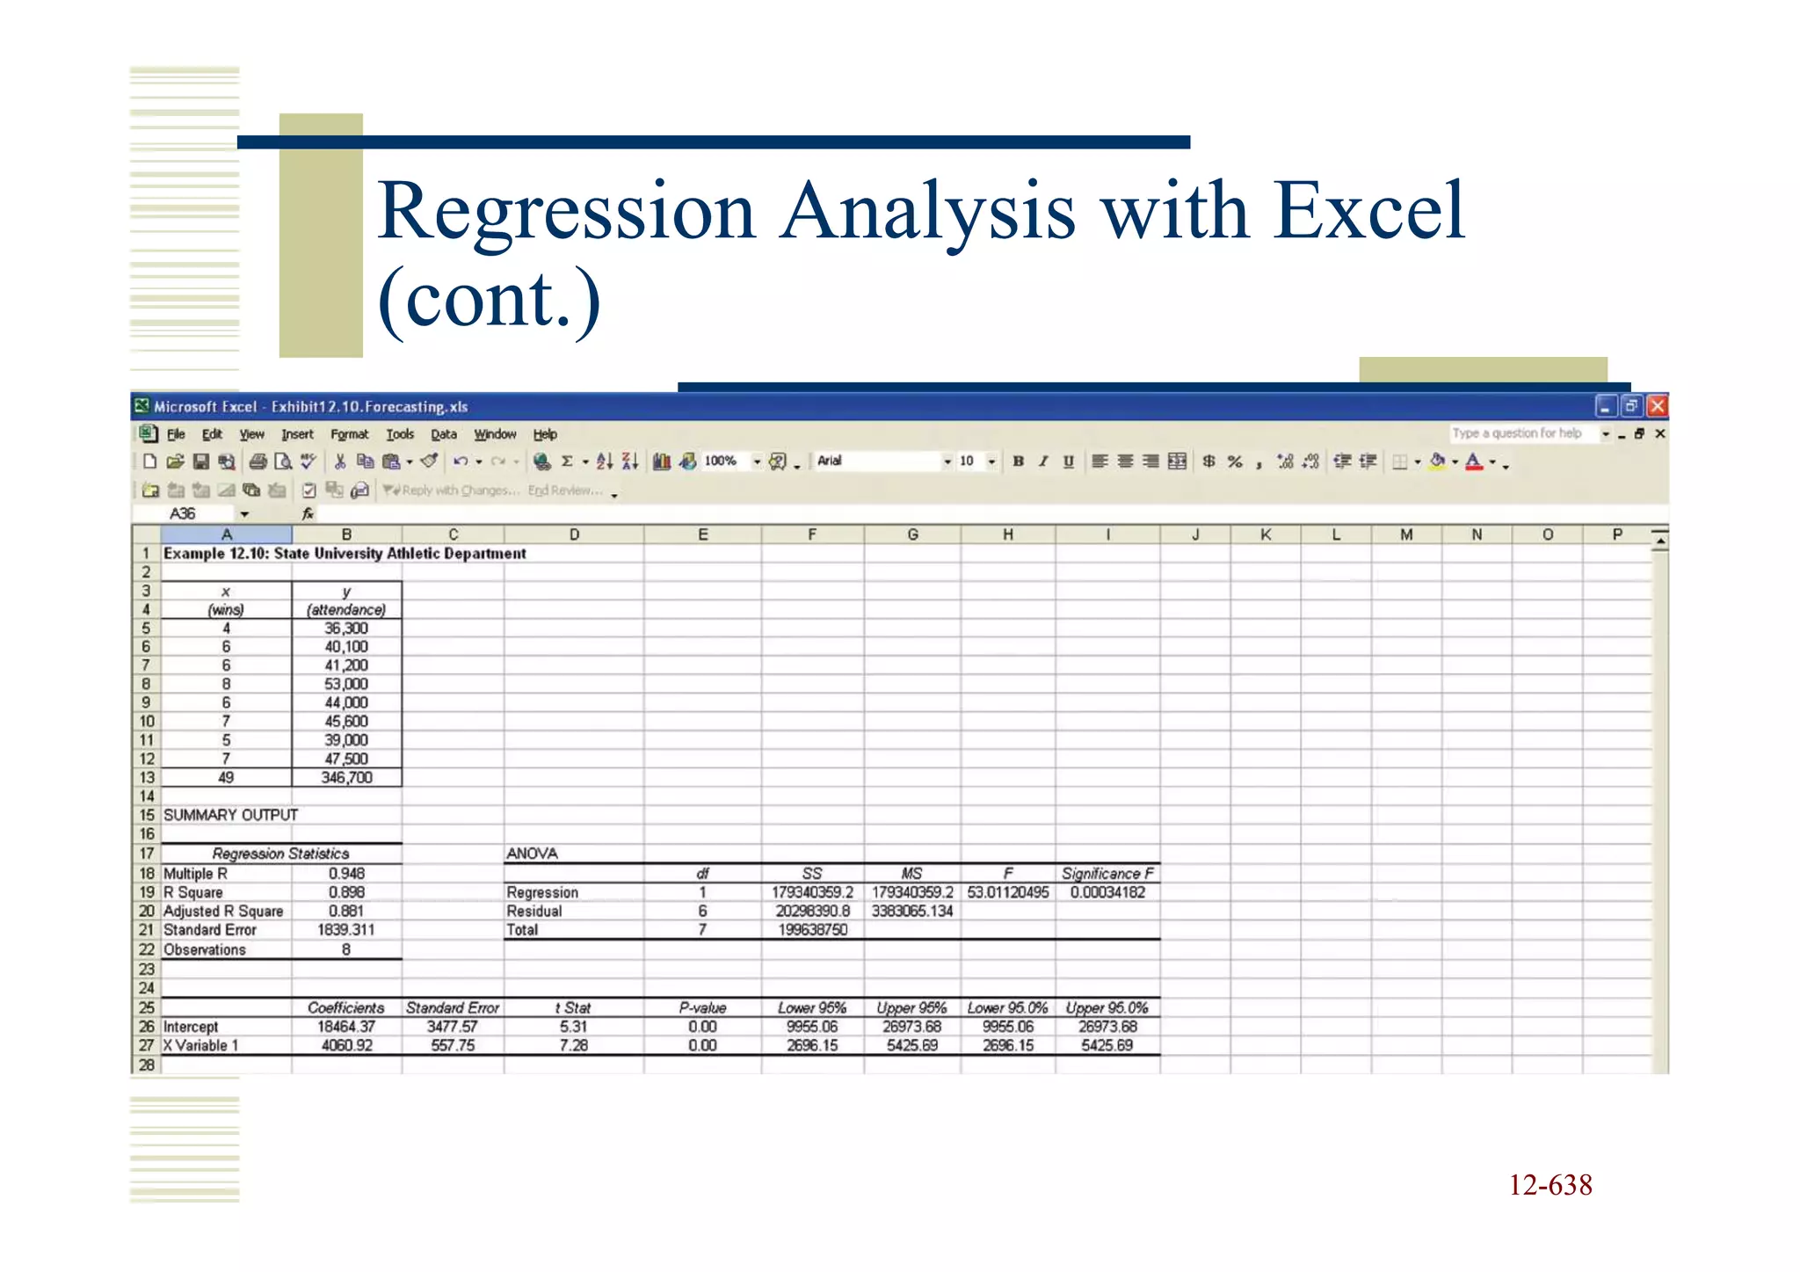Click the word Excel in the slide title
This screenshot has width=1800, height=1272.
pyautogui.click(x=1368, y=211)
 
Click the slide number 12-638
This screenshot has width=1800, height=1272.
pyautogui.click(x=1550, y=1185)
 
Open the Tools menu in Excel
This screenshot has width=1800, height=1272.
pyautogui.click(x=399, y=434)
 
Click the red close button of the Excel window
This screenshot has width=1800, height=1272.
pyautogui.click(x=1657, y=406)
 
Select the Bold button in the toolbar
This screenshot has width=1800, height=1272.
pyautogui.click(x=1018, y=462)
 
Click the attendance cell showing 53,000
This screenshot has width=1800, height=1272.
pyautogui.click(x=346, y=684)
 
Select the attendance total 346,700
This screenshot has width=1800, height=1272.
pyautogui.click(x=346, y=778)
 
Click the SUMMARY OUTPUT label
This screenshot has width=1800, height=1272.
pyautogui.click(x=230, y=815)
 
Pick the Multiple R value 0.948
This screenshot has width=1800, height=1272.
pyautogui.click(x=346, y=874)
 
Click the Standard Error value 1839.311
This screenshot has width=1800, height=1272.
pyautogui.click(x=345, y=930)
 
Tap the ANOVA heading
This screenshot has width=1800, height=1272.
pyautogui.click(x=532, y=854)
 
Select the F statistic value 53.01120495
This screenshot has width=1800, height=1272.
pyautogui.click(x=1008, y=892)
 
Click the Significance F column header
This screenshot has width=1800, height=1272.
pyautogui.click(x=1107, y=874)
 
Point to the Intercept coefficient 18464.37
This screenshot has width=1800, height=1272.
pyautogui.click(x=346, y=1027)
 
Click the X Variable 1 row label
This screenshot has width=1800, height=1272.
pyautogui.click(x=200, y=1046)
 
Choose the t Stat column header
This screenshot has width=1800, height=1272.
pyautogui.click(x=573, y=1008)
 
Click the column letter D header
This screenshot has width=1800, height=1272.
pyautogui.click(x=574, y=534)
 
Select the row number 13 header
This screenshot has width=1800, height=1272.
pyautogui.click(x=146, y=778)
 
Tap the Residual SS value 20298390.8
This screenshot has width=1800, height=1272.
pyautogui.click(x=812, y=912)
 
